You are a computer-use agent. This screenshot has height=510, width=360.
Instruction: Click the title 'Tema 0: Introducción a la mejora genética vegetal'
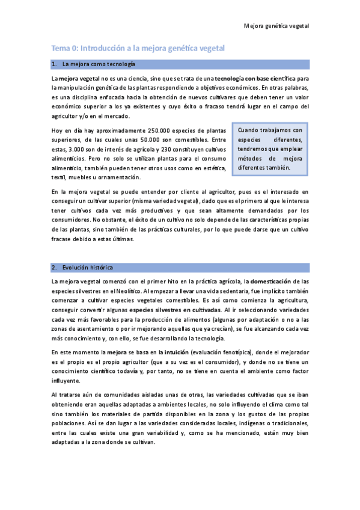coord(138,48)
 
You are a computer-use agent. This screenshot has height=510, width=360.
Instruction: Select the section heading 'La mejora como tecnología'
coord(99,64)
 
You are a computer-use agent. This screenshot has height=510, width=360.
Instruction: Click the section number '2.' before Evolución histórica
coord(55,267)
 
